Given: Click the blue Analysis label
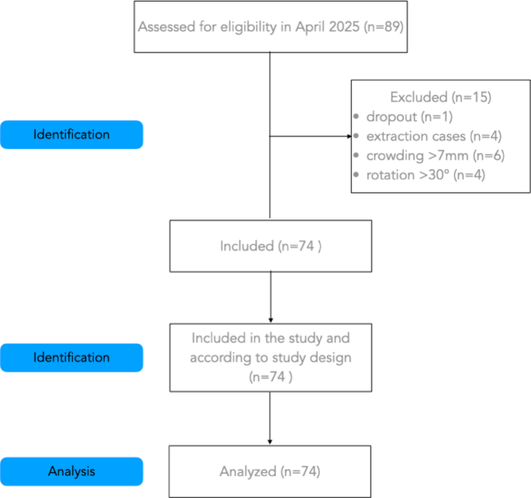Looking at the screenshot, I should [x=71, y=471].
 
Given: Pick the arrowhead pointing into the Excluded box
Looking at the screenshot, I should [x=347, y=137].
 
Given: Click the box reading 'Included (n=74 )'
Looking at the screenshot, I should [x=270, y=246].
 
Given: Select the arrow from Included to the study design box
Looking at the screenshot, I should [x=270, y=299].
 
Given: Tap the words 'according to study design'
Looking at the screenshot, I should [x=270, y=358].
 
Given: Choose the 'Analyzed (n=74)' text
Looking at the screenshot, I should [x=270, y=471].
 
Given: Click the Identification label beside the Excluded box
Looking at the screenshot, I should [x=71, y=134].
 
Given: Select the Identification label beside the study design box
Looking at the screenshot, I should [x=71, y=358].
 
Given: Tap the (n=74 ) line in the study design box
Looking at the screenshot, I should [x=270, y=378].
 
